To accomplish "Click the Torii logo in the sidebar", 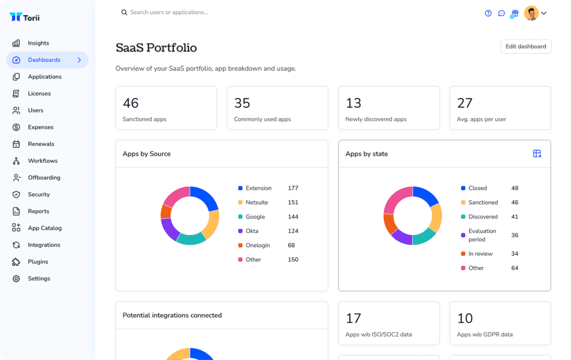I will tap(25, 17).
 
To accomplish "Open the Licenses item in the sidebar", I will tap(39, 94).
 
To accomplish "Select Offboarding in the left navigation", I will tap(43, 178).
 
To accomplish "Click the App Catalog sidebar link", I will tap(45, 228).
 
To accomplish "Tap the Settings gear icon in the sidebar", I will tap(16, 279).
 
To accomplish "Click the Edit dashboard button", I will tap(525, 46).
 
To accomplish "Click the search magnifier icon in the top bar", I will tap(124, 12).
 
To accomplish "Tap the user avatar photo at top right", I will tap(531, 13).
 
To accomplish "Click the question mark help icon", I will tap(488, 13).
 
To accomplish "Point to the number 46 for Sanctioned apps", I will tap(130, 103).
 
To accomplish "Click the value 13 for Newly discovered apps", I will tap(354, 103).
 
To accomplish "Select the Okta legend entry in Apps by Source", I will tap(252, 231).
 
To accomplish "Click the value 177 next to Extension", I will tap(293, 188).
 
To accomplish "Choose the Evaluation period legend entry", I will tap(482, 235).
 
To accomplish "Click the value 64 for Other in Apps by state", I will tap(515, 268).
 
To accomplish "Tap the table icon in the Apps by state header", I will tap(537, 154).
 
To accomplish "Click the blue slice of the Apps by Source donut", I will tap(206, 198).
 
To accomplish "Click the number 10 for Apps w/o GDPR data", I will tap(465, 318).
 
